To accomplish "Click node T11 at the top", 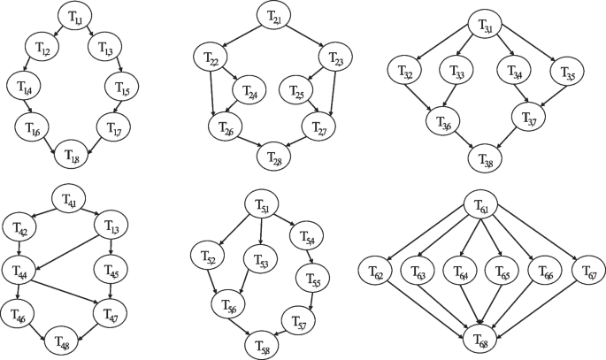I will (75, 18).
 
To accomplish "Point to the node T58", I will (263, 341).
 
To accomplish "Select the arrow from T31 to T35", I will (528, 48).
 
